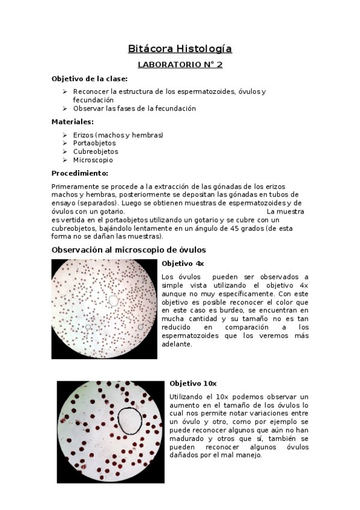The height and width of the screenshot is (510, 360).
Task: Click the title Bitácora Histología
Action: click(180, 49)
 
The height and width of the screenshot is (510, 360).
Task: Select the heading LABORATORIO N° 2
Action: click(180, 65)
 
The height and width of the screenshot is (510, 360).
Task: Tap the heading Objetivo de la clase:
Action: click(89, 79)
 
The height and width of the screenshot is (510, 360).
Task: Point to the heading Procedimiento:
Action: click(79, 173)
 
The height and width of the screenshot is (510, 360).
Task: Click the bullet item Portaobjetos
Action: click(94, 143)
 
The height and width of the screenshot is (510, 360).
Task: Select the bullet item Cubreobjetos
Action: click(96, 152)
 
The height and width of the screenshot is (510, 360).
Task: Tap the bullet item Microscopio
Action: click(93, 161)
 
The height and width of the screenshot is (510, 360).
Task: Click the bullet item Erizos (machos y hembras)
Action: click(118, 135)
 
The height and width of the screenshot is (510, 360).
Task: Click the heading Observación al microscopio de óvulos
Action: click(129, 249)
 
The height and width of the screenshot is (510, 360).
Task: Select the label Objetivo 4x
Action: click(183, 264)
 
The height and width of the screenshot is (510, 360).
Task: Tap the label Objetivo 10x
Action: click(192, 383)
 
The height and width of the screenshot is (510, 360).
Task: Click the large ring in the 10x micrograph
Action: click(130, 420)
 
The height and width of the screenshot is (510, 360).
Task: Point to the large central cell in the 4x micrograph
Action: click(113, 300)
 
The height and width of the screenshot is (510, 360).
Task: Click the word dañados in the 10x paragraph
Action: click(185, 455)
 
